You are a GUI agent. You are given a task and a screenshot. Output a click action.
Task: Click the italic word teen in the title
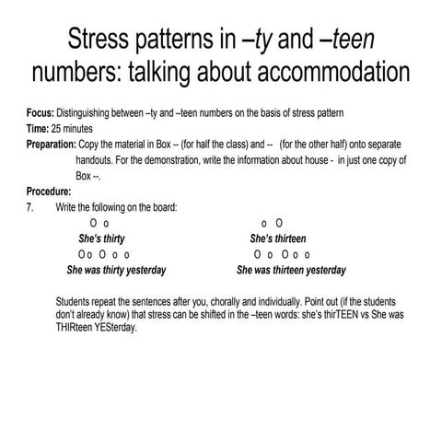351,41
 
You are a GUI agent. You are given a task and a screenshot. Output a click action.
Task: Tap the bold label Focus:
41,113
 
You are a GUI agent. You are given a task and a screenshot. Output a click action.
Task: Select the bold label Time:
39,129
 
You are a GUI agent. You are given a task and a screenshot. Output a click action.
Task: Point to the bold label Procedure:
49,192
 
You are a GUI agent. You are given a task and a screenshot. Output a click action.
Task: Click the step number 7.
29,207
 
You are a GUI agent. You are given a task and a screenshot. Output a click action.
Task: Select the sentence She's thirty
103,238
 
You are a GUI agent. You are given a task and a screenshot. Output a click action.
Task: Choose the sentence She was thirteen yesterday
291,271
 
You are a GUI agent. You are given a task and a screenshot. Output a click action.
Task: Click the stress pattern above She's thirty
100,223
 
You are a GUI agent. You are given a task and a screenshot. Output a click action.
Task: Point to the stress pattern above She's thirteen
273,223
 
